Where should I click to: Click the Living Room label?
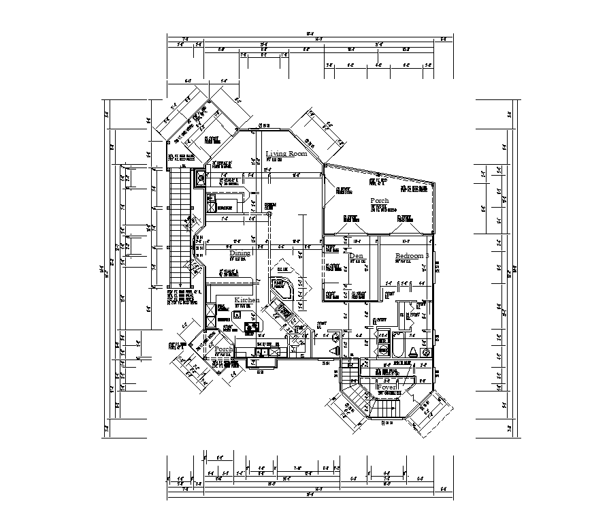tap(286, 154)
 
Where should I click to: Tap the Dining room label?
tap(240, 253)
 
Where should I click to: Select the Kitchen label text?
tap(246, 300)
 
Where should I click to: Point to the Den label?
tap(356, 256)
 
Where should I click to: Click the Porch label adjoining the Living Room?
tap(379, 201)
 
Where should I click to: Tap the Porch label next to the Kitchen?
tap(224, 349)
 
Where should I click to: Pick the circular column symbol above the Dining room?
tap(269, 214)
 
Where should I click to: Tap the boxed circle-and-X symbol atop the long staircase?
tap(201, 178)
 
